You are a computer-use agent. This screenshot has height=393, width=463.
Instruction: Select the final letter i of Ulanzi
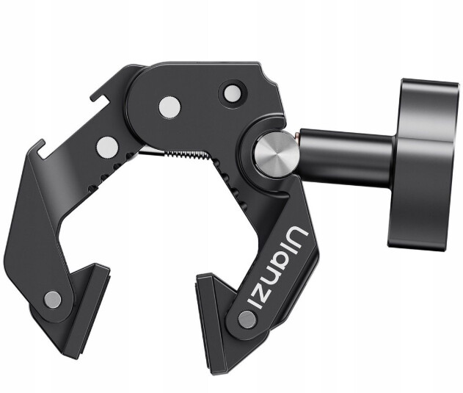(x=255, y=303)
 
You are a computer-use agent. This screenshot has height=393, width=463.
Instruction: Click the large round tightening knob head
(x=423, y=165)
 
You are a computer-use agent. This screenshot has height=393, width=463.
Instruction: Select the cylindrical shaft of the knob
(x=346, y=158)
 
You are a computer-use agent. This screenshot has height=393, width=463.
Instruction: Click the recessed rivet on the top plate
(x=232, y=94)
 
